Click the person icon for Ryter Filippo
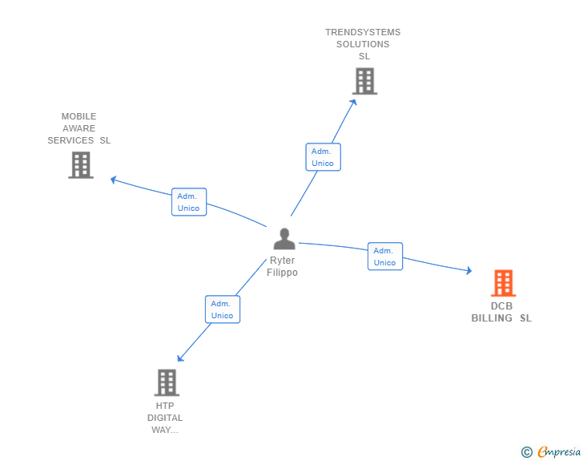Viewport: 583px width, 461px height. pyautogui.click(x=283, y=239)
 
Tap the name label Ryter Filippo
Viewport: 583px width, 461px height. pyautogui.click(x=282, y=266)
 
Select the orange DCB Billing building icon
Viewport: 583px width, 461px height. pyautogui.click(x=503, y=283)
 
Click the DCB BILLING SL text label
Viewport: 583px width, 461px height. pyautogui.click(x=501, y=312)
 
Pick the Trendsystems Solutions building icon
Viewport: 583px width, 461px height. pyautogui.click(x=364, y=81)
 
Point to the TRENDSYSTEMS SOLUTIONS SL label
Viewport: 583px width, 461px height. pyautogui.click(x=363, y=44)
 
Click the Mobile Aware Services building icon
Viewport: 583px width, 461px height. pyautogui.click(x=81, y=164)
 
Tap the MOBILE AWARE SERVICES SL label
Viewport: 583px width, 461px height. pyautogui.click(x=78, y=128)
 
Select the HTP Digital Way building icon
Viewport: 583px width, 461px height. pyautogui.click(x=167, y=382)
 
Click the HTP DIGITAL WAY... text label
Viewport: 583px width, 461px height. pyautogui.click(x=165, y=418)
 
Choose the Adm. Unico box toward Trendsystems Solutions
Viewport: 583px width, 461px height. pyautogui.click(x=323, y=157)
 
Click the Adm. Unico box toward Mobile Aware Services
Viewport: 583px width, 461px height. pyautogui.click(x=189, y=202)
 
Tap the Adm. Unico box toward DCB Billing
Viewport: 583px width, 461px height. pyautogui.click(x=384, y=257)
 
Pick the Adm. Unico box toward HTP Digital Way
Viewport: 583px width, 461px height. pyautogui.click(x=222, y=309)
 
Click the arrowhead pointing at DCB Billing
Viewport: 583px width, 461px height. pyautogui.click(x=468, y=272)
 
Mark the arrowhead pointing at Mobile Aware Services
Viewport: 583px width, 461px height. pyautogui.click(x=114, y=180)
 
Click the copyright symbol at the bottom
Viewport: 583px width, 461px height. pyautogui.click(x=526, y=452)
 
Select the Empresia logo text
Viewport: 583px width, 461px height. pyautogui.click(x=559, y=451)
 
